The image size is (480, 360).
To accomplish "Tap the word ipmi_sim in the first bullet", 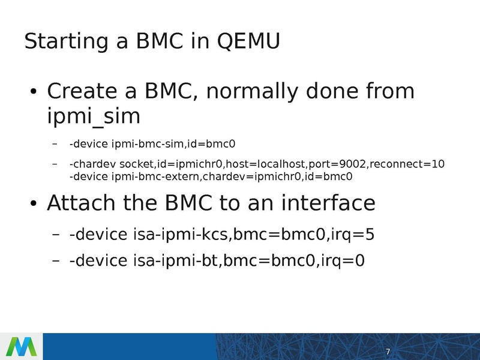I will (93, 116).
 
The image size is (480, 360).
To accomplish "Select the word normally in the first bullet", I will (253, 91).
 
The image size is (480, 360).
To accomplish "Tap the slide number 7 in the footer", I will (388, 351).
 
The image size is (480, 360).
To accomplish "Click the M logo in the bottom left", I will (21, 347).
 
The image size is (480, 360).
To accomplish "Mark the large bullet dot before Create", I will (34, 93).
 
